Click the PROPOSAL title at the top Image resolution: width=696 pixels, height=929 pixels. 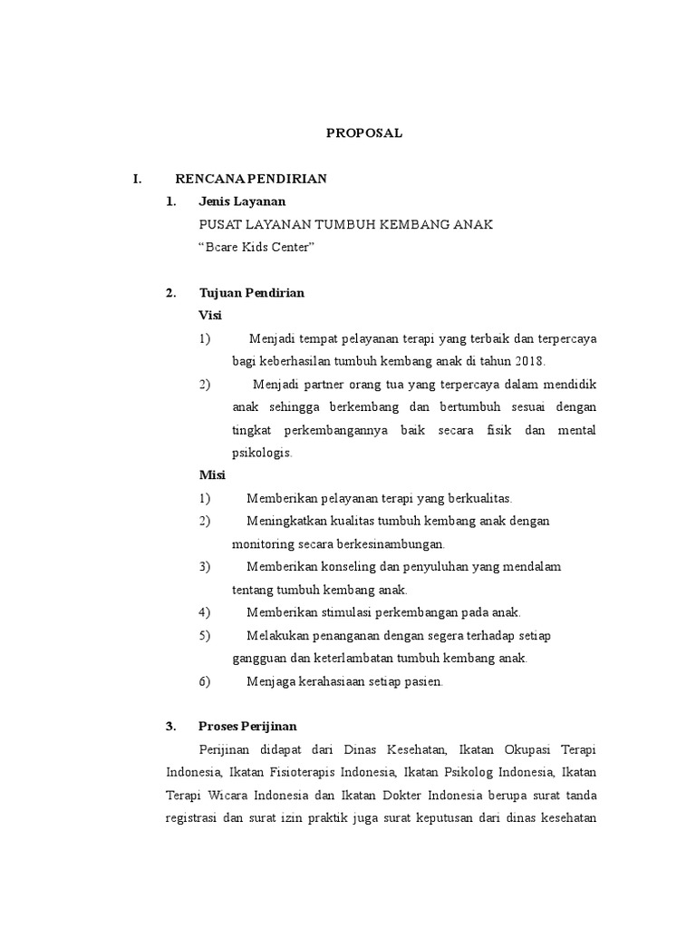point(363,132)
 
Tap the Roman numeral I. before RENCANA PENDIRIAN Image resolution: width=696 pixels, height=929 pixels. point(137,179)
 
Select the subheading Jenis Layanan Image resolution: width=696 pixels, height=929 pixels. point(242,201)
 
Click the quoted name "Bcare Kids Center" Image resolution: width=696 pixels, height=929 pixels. point(256,247)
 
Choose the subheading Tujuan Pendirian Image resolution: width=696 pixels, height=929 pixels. point(251,292)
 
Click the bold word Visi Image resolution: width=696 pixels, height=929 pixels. point(209,315)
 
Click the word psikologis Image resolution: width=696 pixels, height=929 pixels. point(262,453)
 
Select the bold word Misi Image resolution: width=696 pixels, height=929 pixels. point(211,475)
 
